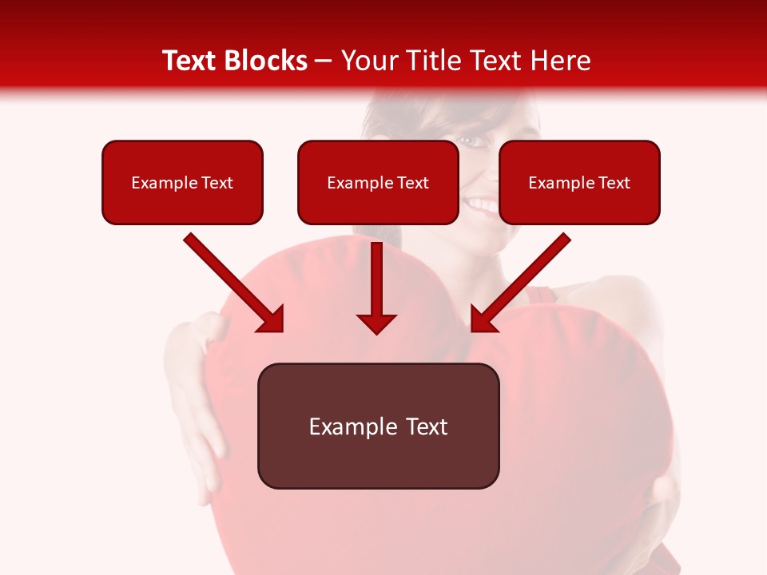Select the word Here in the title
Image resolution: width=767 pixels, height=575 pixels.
[x=558, y=61]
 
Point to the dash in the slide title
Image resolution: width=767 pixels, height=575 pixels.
[x=324, y=61]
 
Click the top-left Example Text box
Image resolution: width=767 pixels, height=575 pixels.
[x=182, y=182]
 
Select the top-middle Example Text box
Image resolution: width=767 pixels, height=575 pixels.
[x=378, y=182]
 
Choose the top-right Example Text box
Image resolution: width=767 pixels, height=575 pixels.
[x=579, y=182]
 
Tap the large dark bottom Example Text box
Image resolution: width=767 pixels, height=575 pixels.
[x=378, y=426]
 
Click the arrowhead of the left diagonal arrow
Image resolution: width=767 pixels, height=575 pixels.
[x=272, y=320]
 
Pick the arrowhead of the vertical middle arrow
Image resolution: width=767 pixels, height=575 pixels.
[x=376, y=323]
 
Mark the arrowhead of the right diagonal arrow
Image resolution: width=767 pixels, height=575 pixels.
[x=482, y=320]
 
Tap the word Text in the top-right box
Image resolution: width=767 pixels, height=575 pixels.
[x=614, y=183]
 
